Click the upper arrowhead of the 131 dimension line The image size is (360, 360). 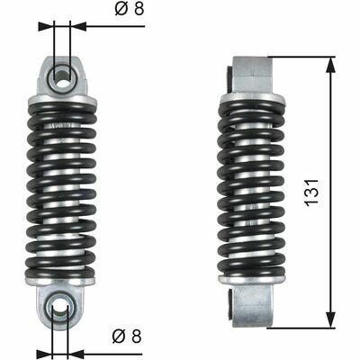334,63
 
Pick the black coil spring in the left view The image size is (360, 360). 61,189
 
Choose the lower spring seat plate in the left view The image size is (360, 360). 61,281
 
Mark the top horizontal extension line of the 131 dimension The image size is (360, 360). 301,58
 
